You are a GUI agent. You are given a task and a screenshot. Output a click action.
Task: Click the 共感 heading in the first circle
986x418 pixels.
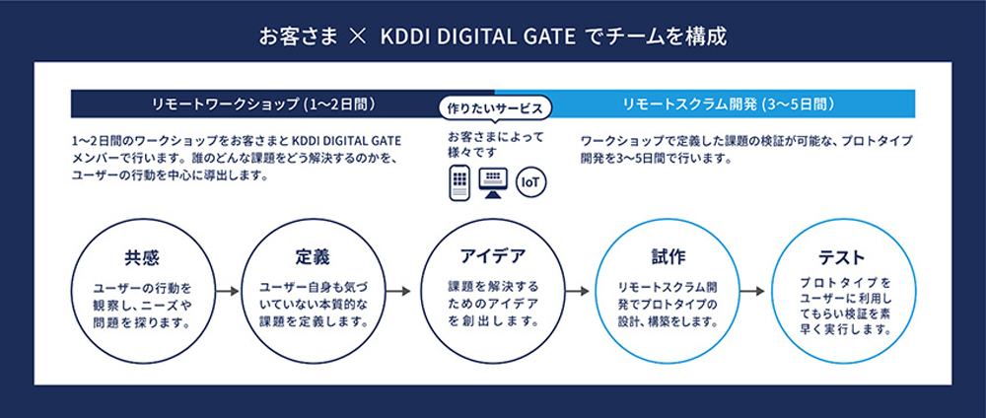coord(141,258)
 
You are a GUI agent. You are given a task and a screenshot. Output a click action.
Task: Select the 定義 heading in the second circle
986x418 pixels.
coord(313,257)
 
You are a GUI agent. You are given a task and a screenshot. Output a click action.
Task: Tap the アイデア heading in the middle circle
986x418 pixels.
coord(493,256)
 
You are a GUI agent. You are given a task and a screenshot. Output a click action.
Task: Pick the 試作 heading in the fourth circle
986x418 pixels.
coord(668,257)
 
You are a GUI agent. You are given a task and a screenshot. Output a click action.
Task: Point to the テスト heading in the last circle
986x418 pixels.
coord(842,257)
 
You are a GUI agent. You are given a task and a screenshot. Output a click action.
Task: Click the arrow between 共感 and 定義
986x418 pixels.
coord(228,292)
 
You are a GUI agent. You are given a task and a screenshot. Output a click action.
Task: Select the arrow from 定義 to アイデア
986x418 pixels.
coord(398,292)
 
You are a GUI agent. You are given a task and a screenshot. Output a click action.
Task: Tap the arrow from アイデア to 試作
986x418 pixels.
coord(577,292)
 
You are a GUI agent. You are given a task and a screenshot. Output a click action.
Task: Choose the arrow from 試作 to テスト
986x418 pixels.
coord(752,292)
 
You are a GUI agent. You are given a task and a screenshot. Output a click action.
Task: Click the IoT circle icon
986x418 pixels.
coord(530,182)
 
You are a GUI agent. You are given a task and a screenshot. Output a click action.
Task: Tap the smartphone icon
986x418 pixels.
coord(459,183)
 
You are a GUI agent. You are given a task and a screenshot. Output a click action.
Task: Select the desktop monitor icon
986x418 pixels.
coord(493,183)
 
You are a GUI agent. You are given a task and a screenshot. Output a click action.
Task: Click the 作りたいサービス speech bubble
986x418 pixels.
coord(494,107)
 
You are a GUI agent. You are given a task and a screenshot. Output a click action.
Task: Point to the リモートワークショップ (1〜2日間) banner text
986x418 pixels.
coord(264,104)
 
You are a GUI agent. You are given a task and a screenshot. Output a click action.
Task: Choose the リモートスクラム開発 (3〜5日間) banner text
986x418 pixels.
coord(729,104)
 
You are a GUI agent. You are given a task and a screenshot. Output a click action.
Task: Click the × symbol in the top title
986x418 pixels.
coord(357,37)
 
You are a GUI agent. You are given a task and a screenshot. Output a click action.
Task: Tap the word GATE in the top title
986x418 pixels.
coord(549,37)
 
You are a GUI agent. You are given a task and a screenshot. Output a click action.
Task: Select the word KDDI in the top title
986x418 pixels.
coord(405,37)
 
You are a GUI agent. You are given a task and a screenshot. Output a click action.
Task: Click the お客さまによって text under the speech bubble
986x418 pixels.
coord(495,136)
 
